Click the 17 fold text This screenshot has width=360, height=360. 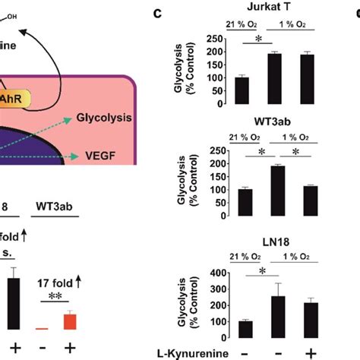[56, 283]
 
